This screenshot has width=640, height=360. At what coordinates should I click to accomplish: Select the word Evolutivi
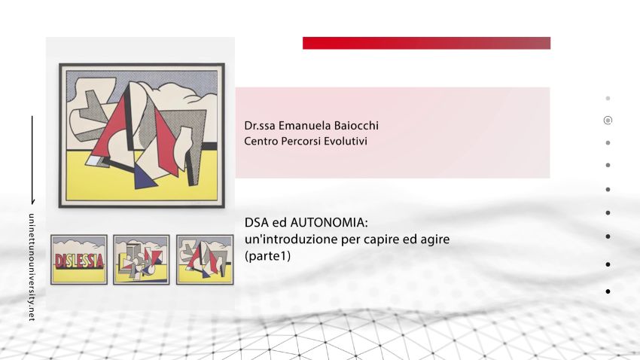[344, 141]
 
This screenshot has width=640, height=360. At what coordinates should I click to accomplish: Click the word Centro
[261, 141]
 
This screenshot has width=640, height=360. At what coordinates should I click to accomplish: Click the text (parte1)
[267, 256]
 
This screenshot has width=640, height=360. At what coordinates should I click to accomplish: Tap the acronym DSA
[257, 224]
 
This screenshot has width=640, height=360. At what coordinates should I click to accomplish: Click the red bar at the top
[426, 43]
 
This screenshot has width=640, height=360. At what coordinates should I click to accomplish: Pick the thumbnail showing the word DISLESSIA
[79, 259]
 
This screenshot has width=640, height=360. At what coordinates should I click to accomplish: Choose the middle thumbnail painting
[142, 259]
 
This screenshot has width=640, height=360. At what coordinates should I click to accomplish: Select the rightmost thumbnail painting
[203, 259]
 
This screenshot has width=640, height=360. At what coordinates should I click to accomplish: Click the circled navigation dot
[608, 120]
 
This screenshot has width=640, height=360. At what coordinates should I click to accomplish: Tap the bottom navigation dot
[608, 291]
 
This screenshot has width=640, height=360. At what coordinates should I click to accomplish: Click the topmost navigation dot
[608, 98]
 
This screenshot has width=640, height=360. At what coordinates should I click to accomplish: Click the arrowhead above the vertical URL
[32, 201]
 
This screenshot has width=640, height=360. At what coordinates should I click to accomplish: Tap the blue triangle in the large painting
[143, 178]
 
